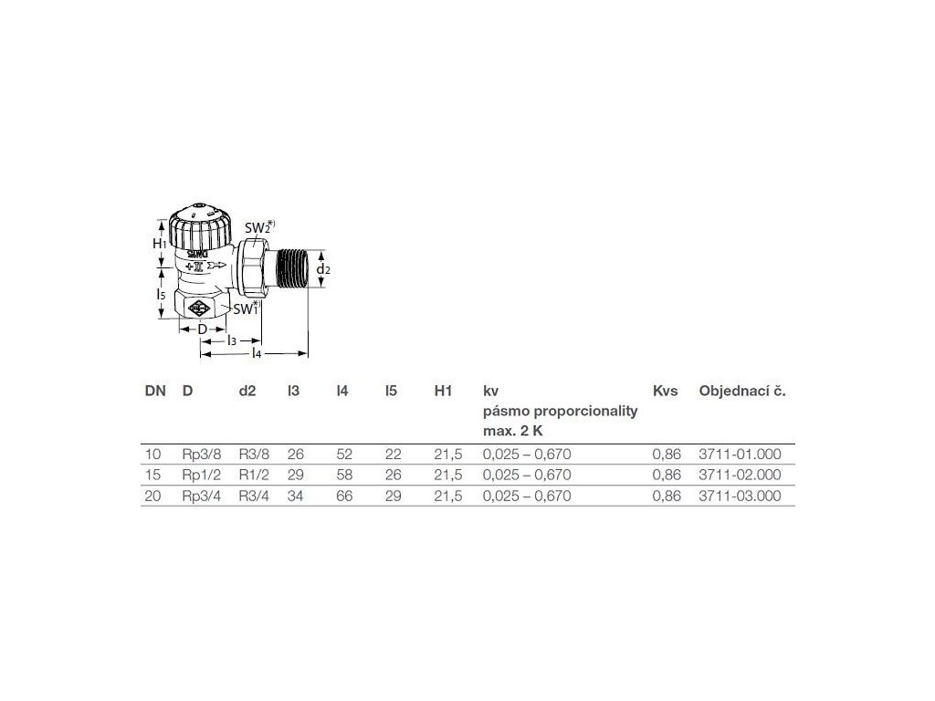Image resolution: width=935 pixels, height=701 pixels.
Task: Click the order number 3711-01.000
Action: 741,453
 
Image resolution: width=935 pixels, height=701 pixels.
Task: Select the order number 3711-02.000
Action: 741,475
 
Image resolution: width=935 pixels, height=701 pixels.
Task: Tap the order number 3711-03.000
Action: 741,497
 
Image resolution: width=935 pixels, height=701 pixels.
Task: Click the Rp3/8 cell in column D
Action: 202,453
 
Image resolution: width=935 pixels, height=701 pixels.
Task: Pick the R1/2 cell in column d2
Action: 253,475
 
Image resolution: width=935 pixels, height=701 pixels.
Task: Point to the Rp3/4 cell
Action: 202,497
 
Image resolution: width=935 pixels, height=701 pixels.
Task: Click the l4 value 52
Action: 344,453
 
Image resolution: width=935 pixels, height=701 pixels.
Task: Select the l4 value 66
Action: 344,497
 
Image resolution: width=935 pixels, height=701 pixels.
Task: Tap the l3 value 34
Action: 295,497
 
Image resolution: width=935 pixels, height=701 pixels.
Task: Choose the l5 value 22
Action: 393,453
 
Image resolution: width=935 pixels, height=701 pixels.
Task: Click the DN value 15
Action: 152,475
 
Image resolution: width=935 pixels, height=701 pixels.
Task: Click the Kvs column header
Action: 666,391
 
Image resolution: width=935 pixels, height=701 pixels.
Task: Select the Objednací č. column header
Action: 742,391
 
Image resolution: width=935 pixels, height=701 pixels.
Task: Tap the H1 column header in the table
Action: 444,391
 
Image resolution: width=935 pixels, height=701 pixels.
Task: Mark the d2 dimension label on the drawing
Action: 322,270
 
